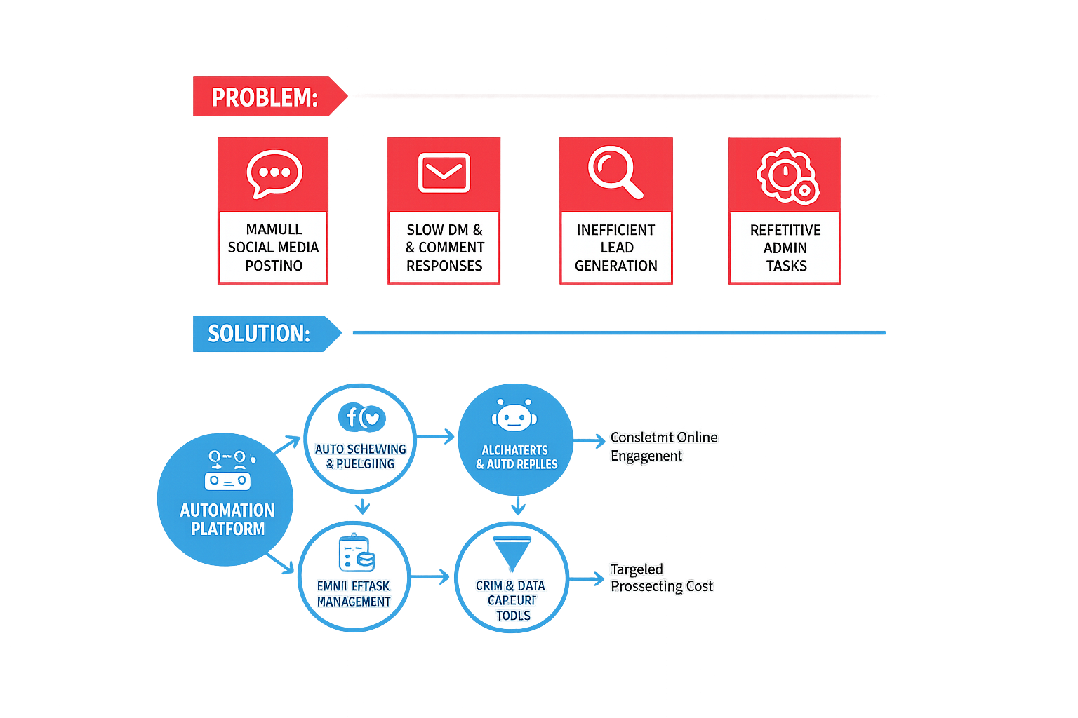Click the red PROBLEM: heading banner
[265, 97]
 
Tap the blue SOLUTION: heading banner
[260, 333]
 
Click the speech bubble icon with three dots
[274, 172]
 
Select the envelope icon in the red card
[444, 172]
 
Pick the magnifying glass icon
[615, 172]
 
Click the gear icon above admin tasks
[787, 175]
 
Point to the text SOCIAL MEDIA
[273, 248]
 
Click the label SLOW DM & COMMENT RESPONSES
[444, 248]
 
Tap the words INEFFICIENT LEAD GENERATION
[616, 248]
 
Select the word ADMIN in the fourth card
[785, 248]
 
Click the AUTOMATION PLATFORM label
[227, 520]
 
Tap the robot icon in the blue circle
[514, 416]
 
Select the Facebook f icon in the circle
[351, 417]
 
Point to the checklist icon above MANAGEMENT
[356, 555]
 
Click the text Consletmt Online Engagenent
[663, 447]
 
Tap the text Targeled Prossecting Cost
[660, 578]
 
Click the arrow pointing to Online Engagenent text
[590, 440]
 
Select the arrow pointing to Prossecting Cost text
[587, 579]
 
